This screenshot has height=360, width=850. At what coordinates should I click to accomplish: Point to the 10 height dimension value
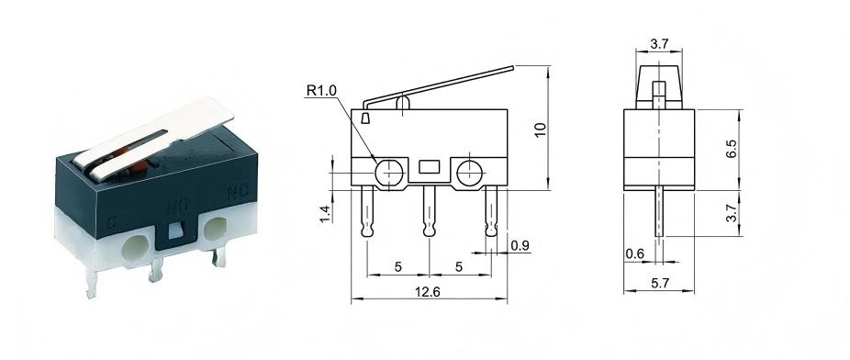point(542,129)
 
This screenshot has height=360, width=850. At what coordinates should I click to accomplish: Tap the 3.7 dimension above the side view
point(658,42)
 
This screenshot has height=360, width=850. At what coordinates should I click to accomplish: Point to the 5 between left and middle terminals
point(397,267)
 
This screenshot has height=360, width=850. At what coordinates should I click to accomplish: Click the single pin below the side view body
point(658,217)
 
